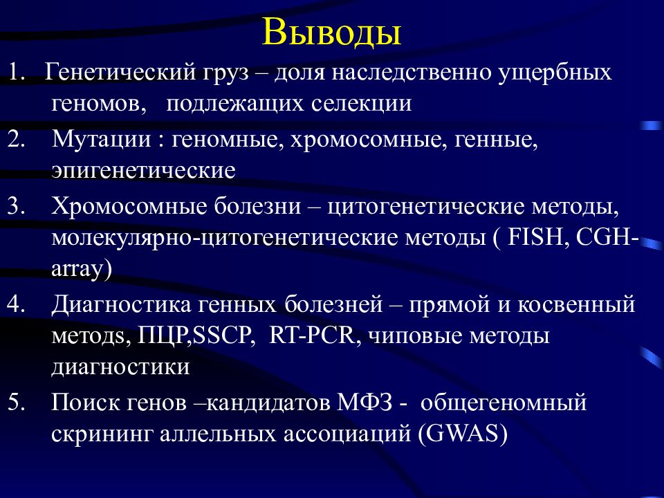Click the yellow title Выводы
click(331, 33)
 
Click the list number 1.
click(16, 72)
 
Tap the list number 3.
click(16, 207)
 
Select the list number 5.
click(16, 402)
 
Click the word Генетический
click(120, 72)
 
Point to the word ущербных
click(555, 73)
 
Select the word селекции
click(361, 104)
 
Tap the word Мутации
click(101, 139)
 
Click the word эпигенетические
click(144, 171)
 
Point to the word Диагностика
click(121, 304)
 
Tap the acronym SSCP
click(223, 336)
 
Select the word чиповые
click(414, 337)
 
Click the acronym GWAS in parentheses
click(463, 434)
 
